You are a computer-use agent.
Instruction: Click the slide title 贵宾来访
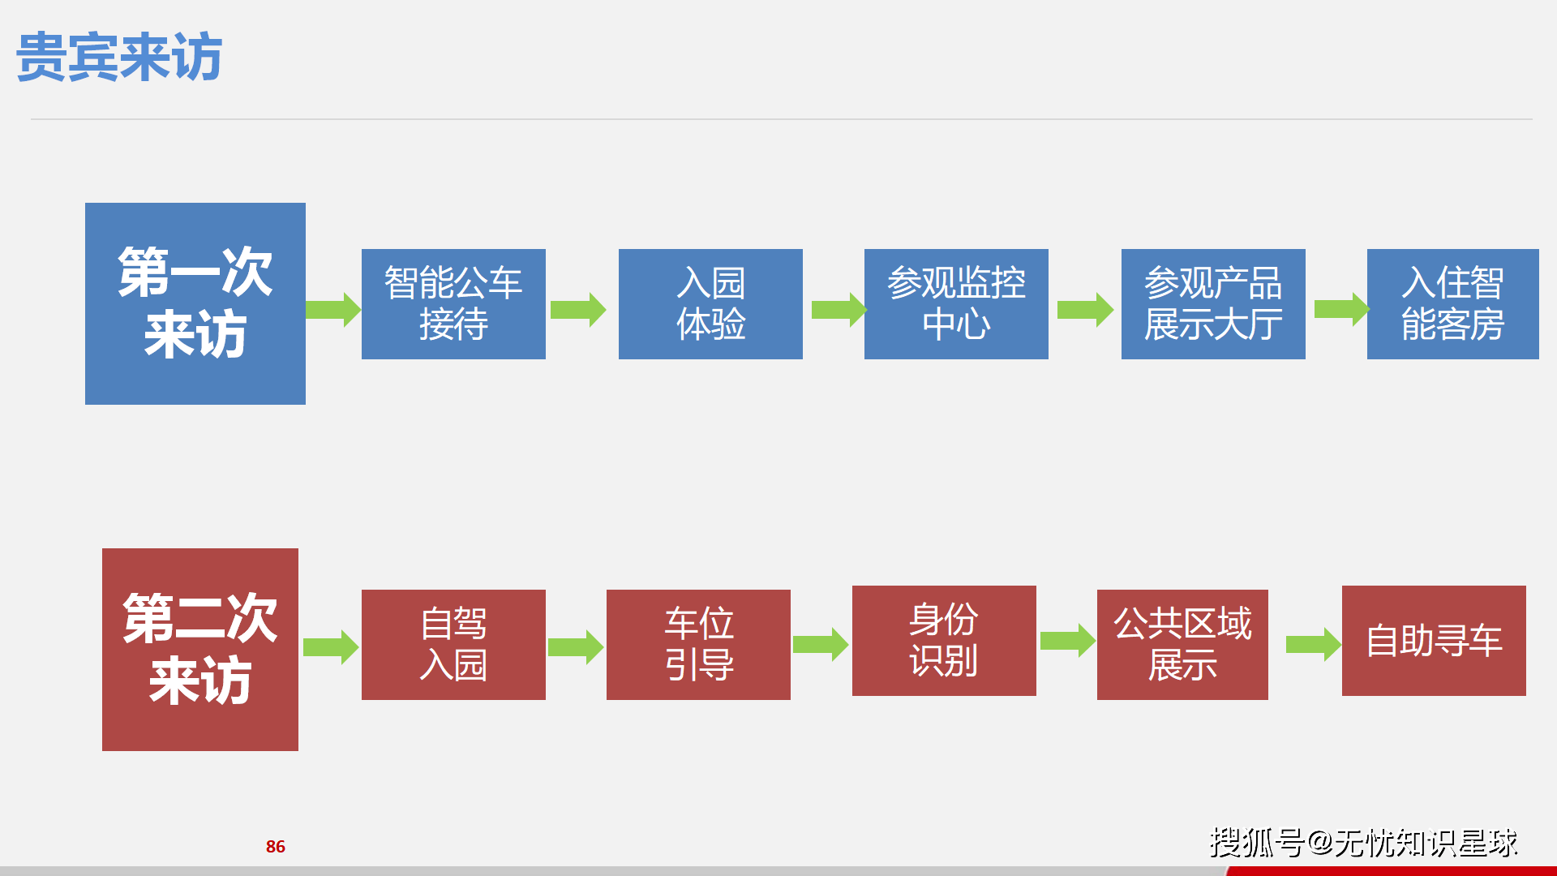[x=119, y=57]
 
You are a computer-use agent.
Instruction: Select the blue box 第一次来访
[x=195, y=303]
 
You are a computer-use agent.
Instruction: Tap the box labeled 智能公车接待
[x=453, y=303]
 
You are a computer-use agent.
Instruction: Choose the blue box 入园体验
[x=710, y=303]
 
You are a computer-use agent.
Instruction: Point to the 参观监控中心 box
[x=956, y=303]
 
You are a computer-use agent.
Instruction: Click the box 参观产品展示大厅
[x=1213, y=303]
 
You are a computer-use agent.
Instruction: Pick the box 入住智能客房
[x=1452, y=303]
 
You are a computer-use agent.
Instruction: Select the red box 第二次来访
[x=199, y=649]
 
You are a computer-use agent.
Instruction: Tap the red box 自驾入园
[x=453, y=644]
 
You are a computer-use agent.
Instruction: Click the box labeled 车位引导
[x=698, y=644]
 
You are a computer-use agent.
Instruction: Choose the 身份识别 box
[x=944, y=640]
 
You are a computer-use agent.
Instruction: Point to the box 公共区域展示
[x=1182, y=644]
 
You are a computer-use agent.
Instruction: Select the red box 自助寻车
[x=1434, y=640]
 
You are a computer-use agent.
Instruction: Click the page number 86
[x=276, y=847]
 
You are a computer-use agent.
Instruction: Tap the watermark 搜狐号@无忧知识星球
[x=1363, y=843]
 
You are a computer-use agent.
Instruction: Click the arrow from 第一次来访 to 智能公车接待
[x=333, y=309]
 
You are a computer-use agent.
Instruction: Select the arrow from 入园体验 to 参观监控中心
[x=839, y=309]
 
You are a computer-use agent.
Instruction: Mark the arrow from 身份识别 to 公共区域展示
[x=1067, y=641]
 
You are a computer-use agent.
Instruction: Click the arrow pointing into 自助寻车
[x=1313, y=645]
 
